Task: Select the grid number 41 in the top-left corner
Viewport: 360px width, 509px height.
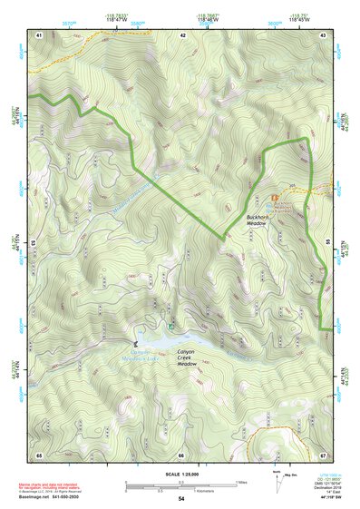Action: [x=39, y=34]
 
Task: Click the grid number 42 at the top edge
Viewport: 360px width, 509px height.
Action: [x=183, y=34]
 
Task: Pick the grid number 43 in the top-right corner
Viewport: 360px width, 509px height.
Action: [x=324, y=34]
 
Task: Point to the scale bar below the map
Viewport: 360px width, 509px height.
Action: [x=181, y=484]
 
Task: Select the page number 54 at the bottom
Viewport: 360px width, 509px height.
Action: [x=181, y=500]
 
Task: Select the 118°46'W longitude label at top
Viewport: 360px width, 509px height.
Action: [x=208, y=17]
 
